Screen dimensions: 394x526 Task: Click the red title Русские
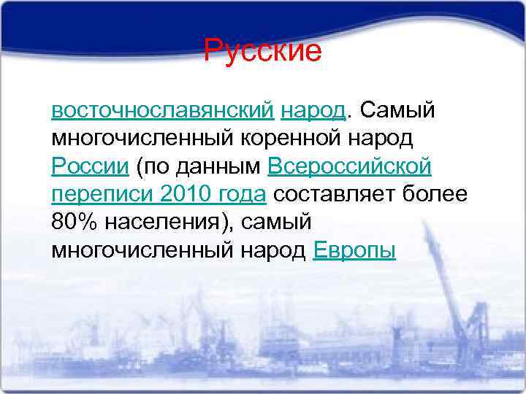point(262,51)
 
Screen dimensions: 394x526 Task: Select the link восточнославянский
point(163,110)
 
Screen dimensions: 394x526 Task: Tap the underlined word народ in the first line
point(312,110)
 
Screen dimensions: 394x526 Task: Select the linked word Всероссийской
point(349,166)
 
